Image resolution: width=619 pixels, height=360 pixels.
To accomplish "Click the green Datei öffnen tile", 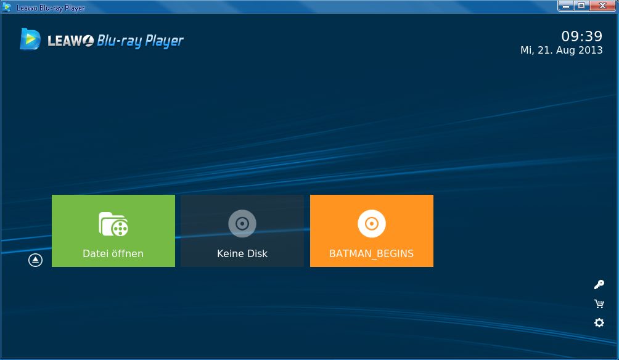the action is click(113, 231).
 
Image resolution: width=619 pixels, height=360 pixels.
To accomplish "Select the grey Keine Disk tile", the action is click(242, 231).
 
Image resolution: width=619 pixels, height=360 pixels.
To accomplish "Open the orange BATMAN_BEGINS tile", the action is click(372, 231).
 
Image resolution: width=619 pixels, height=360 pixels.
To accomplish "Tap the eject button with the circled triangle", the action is click(35, 260).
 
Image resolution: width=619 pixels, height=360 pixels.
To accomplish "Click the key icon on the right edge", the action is click(599, 285).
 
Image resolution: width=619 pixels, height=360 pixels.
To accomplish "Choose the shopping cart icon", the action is click(599, 303).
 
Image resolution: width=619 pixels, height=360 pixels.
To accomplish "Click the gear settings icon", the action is click(599, 322).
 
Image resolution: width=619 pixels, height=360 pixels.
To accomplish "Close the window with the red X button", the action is click(602, 6).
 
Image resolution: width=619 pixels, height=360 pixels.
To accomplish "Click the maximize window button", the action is click(581, 6).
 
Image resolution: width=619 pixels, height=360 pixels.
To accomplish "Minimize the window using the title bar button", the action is click(566, 6).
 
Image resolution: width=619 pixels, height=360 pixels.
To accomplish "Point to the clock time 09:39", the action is click(582, 36).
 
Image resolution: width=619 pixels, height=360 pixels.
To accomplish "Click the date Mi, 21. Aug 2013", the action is click(562, 50).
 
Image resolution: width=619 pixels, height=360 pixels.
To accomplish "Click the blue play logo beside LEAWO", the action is click(30, 39).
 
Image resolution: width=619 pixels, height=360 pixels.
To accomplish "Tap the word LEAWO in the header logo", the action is click(71, 41).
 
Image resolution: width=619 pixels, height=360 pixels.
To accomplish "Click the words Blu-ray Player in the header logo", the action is click(140, 41).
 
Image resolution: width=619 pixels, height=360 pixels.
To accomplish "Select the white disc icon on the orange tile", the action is click(372, 223).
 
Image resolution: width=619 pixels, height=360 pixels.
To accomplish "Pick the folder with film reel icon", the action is click(113, 224).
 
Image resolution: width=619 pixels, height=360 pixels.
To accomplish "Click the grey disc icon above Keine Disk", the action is click(242, 223).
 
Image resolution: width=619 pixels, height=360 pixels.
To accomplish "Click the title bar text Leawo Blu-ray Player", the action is click(51, 8).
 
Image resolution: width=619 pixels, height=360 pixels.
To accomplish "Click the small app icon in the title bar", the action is click(7, 7).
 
